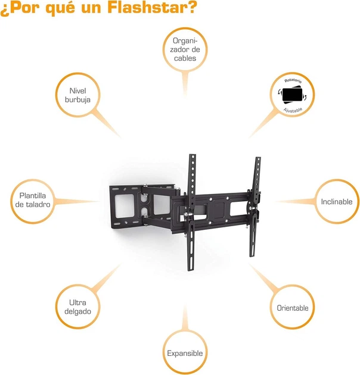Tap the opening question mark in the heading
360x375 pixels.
[4, 9]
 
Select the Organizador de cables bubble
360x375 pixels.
[185, 49]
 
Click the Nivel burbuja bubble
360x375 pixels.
[77, 95]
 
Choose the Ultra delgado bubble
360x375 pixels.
[77, 307]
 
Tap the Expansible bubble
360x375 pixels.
[185, 353]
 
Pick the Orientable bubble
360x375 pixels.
[292, 308]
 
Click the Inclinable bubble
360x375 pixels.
[337, 201]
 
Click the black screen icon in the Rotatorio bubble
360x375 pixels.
[292, 95]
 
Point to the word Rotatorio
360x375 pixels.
[293, 80]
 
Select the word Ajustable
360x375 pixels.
[293, 110]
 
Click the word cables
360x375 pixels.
[185, 58]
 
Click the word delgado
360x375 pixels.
[77, 311]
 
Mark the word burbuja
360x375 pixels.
[77, 100]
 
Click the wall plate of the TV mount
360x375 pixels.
[125, 205]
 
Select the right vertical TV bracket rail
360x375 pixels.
[255, 207]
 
